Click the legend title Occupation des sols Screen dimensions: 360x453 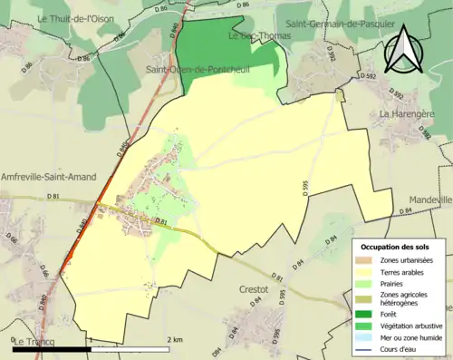click(397, 247)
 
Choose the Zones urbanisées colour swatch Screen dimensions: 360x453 click(370, 260)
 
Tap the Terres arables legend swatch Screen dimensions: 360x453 click(370, 271)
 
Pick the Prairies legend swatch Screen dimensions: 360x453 click(370, 282)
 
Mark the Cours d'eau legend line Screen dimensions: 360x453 click(370, 347)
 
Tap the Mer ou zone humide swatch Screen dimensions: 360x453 click(370, 336)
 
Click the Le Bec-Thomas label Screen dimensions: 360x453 click(253, 37)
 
